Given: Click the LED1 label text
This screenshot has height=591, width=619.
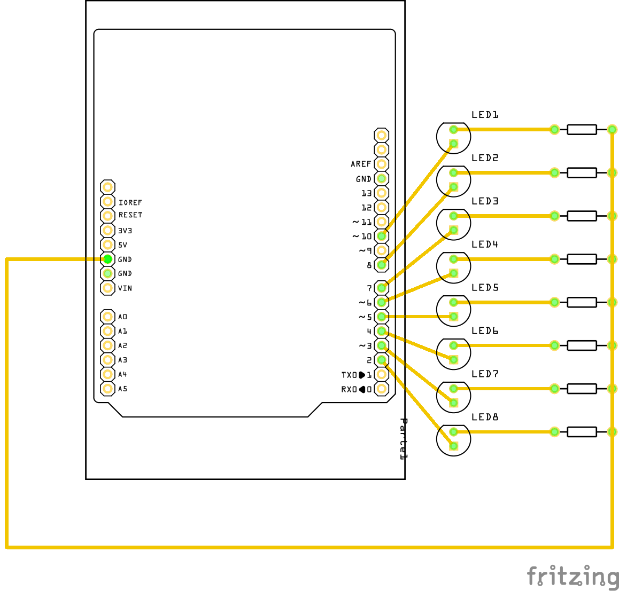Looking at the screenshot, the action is pos(485,115).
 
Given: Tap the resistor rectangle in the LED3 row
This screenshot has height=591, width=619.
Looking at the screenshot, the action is pos(582,216).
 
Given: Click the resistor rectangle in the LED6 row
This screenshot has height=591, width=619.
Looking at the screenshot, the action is pos(582,345).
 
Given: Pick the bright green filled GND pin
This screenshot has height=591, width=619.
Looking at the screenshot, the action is pos(107,259).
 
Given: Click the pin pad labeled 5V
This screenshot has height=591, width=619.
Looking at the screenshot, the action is pos(107,245).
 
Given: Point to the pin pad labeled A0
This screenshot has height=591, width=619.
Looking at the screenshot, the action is pos(107,317).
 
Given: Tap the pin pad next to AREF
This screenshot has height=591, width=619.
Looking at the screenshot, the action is pos(381,164).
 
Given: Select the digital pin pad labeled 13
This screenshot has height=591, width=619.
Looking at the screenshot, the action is pos(381,193).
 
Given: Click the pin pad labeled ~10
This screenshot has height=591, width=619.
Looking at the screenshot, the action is pos(381,236).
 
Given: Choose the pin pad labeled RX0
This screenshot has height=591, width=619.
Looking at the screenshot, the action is pos(381,389).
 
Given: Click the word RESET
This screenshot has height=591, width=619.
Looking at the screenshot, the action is pos(130,215).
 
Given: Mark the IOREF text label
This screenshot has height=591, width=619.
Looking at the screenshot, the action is pos(130,203).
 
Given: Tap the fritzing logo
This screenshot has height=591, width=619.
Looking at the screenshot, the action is pos(572,577).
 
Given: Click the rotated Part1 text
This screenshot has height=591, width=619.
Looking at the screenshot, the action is pos(404,439).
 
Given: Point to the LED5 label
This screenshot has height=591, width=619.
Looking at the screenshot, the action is pos(485,288).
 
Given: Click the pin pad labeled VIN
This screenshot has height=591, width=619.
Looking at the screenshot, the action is pos(107,288).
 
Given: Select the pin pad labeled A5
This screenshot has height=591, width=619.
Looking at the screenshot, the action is pos(107,389).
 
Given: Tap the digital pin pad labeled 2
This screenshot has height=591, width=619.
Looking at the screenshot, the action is pos(381,360).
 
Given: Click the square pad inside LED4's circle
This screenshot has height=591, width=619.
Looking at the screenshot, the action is pos(454,273).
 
